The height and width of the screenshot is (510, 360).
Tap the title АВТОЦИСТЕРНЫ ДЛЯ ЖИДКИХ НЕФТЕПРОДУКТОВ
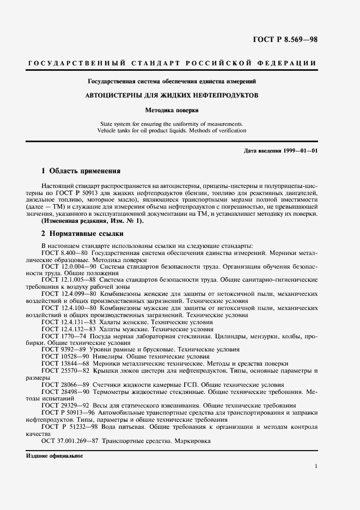172,95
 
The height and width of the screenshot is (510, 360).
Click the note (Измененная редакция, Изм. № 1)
93,221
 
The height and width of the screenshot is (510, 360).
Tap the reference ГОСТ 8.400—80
65,252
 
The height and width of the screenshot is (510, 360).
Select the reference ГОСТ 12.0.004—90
69,266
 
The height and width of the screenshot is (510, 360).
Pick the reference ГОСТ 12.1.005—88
69,280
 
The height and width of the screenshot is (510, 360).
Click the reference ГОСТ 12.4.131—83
69,321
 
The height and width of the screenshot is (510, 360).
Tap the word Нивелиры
109,356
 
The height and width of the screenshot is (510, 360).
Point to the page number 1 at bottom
316,466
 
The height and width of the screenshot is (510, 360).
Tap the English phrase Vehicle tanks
115,131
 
